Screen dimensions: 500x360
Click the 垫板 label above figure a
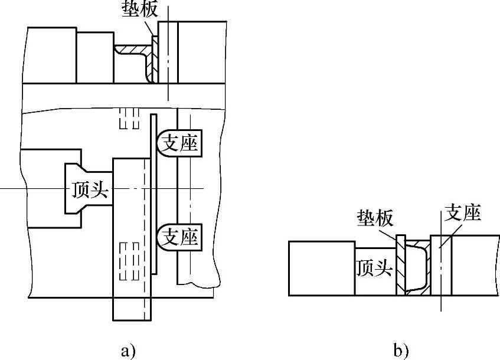click(140, 9)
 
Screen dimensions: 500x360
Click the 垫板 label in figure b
click(375, 218)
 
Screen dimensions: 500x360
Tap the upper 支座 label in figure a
click(180, 143)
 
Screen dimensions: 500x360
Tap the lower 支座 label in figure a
click(181, 237)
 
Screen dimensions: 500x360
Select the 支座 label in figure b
click(463, 212)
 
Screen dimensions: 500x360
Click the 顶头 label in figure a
click(90, 189)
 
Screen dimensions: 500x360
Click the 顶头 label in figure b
click(374, 268)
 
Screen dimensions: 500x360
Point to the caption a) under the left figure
click(128, 351)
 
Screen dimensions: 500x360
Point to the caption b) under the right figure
click(401, 351)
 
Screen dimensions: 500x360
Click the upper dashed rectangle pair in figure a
click(129, 118)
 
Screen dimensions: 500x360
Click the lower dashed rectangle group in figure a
click(129, 261)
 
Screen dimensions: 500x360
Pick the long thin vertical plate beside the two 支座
click(153, 194)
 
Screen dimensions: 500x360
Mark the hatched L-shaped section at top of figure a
click(134, 61)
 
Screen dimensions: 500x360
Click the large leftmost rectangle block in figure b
click(322, 269)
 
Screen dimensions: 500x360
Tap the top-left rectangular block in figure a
click(52, 55)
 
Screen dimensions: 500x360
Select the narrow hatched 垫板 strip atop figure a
click(155, 59)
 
